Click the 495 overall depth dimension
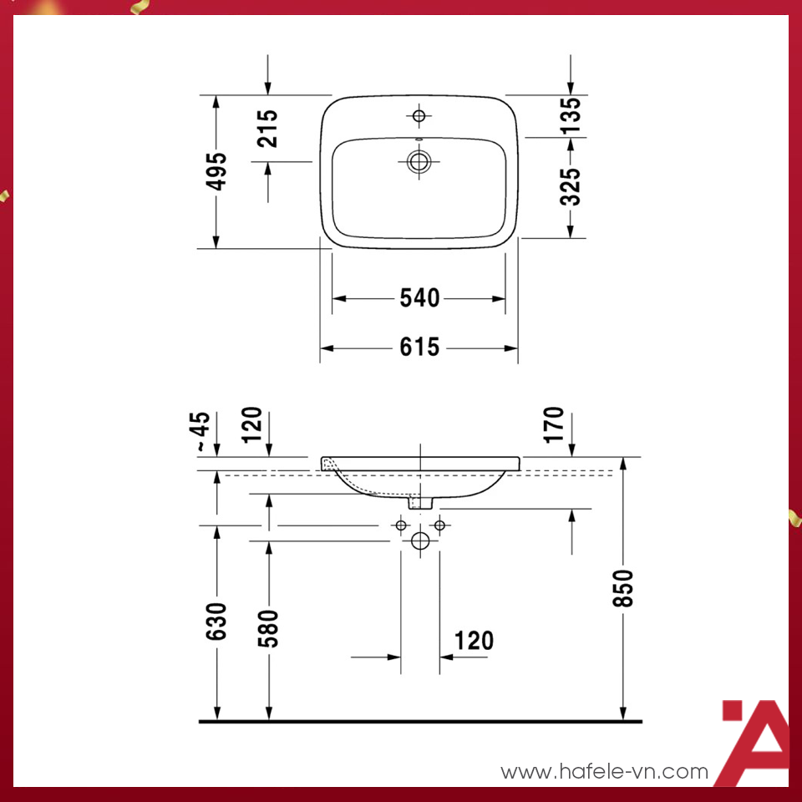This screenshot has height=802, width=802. (x=216, y=171)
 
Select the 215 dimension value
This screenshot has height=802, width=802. (x=268, y=128)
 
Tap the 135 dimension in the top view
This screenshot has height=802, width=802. (x=570, y=116)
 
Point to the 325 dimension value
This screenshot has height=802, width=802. (x=570, y=186)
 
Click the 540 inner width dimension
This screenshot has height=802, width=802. (x=419, y=298)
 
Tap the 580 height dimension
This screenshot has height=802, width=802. (x=268, y=629)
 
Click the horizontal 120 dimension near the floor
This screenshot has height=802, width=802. (x=474, y=641)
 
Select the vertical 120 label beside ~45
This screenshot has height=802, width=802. (x=253, y=424)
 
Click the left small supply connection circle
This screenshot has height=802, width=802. (x=401, y=525)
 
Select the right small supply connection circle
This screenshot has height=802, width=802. (x=439, y=525)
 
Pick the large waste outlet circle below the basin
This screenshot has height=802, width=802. (x=420, y=541)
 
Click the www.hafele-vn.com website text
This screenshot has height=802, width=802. (x=604, y=772)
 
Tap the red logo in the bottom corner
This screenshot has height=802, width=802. (x=752, y=744)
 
